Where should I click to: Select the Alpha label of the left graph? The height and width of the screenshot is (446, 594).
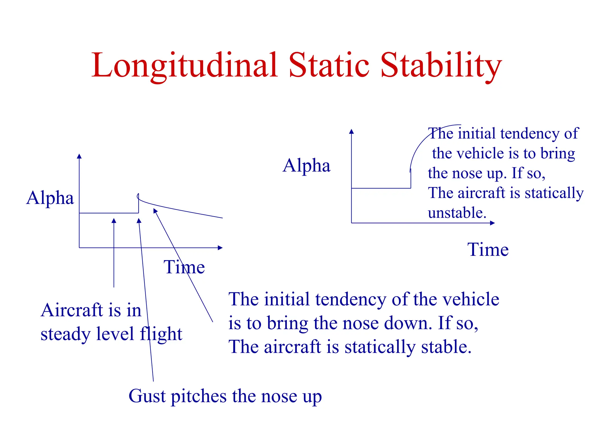50,198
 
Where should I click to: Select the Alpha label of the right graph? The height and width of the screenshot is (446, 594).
307,166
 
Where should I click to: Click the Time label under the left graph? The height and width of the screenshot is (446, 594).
184,267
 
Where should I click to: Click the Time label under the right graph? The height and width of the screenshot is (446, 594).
488,250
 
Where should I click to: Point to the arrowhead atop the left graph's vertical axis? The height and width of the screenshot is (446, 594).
79,156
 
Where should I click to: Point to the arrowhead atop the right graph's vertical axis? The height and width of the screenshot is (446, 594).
352,131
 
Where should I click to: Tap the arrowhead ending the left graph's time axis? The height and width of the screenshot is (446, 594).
220,248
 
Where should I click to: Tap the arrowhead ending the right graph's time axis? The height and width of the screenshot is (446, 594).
492,223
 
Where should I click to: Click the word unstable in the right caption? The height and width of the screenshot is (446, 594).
457,213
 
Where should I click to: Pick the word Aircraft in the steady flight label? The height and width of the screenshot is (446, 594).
72,310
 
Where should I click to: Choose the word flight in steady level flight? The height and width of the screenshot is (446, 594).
161,334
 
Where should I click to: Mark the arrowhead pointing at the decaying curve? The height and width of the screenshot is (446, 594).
155,211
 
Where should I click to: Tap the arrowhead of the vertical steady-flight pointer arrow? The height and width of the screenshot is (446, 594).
114,221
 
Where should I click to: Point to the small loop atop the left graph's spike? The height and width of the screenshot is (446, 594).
138,196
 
